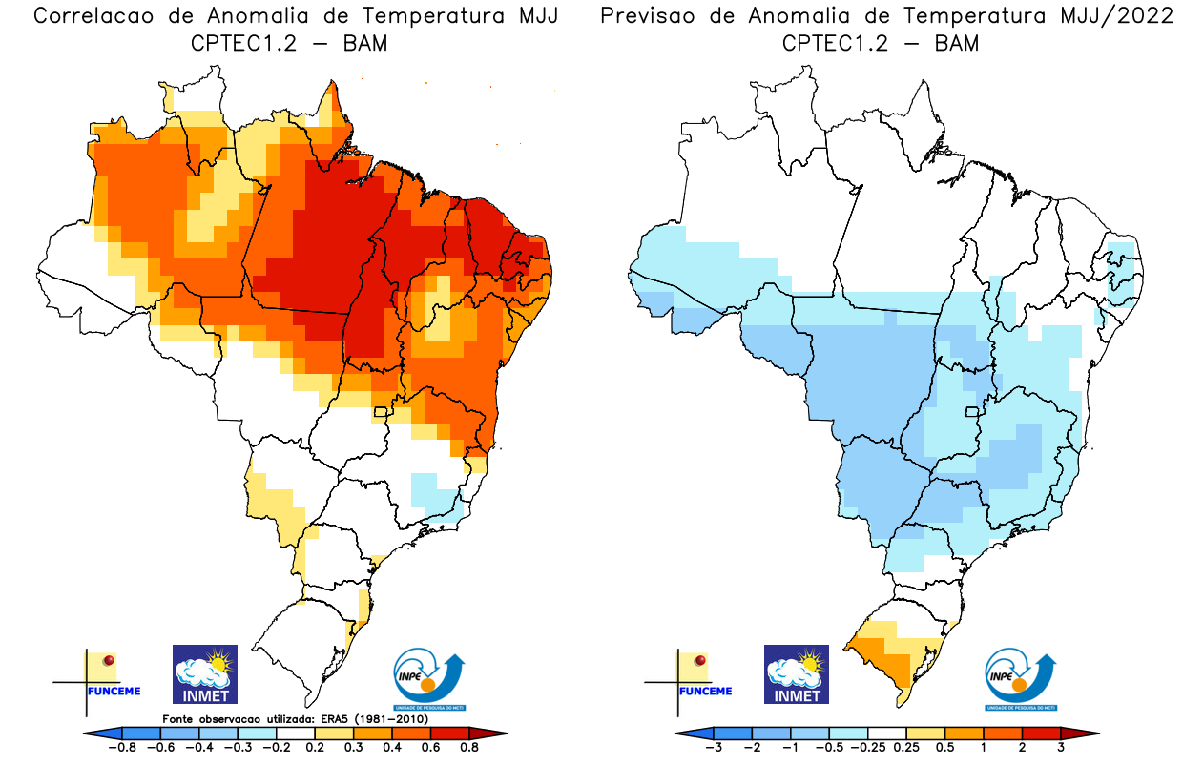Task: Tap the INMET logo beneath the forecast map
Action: coord(796,674)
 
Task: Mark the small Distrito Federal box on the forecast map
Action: coord(973,412)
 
